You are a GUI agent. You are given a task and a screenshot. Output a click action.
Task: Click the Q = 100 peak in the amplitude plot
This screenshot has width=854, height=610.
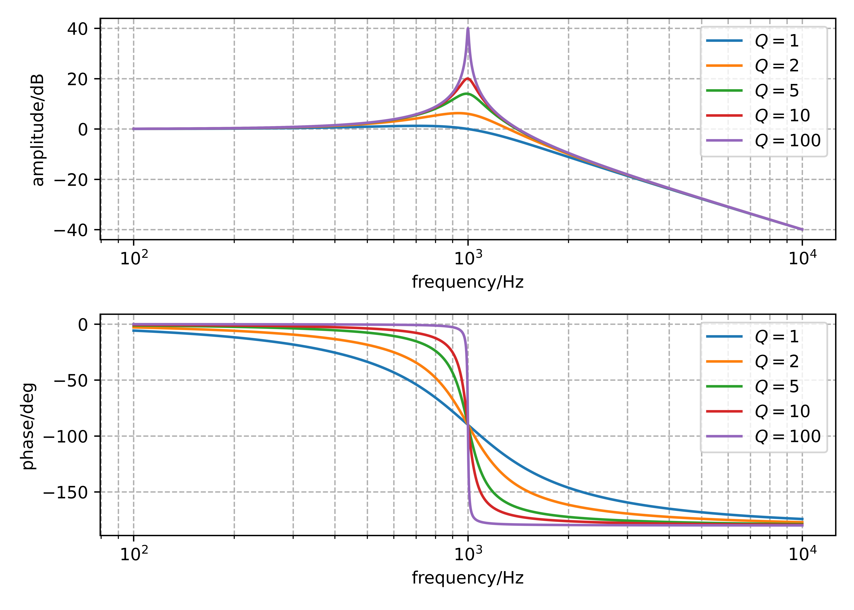pyautogui.click(x=468, y=29)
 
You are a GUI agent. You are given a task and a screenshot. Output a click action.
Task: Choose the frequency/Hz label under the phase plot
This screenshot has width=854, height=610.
pyautogui.click(x=468, y=578)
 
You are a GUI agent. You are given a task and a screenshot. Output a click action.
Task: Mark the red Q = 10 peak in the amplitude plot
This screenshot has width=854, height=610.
pyautogui.click(x=468, y=78)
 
